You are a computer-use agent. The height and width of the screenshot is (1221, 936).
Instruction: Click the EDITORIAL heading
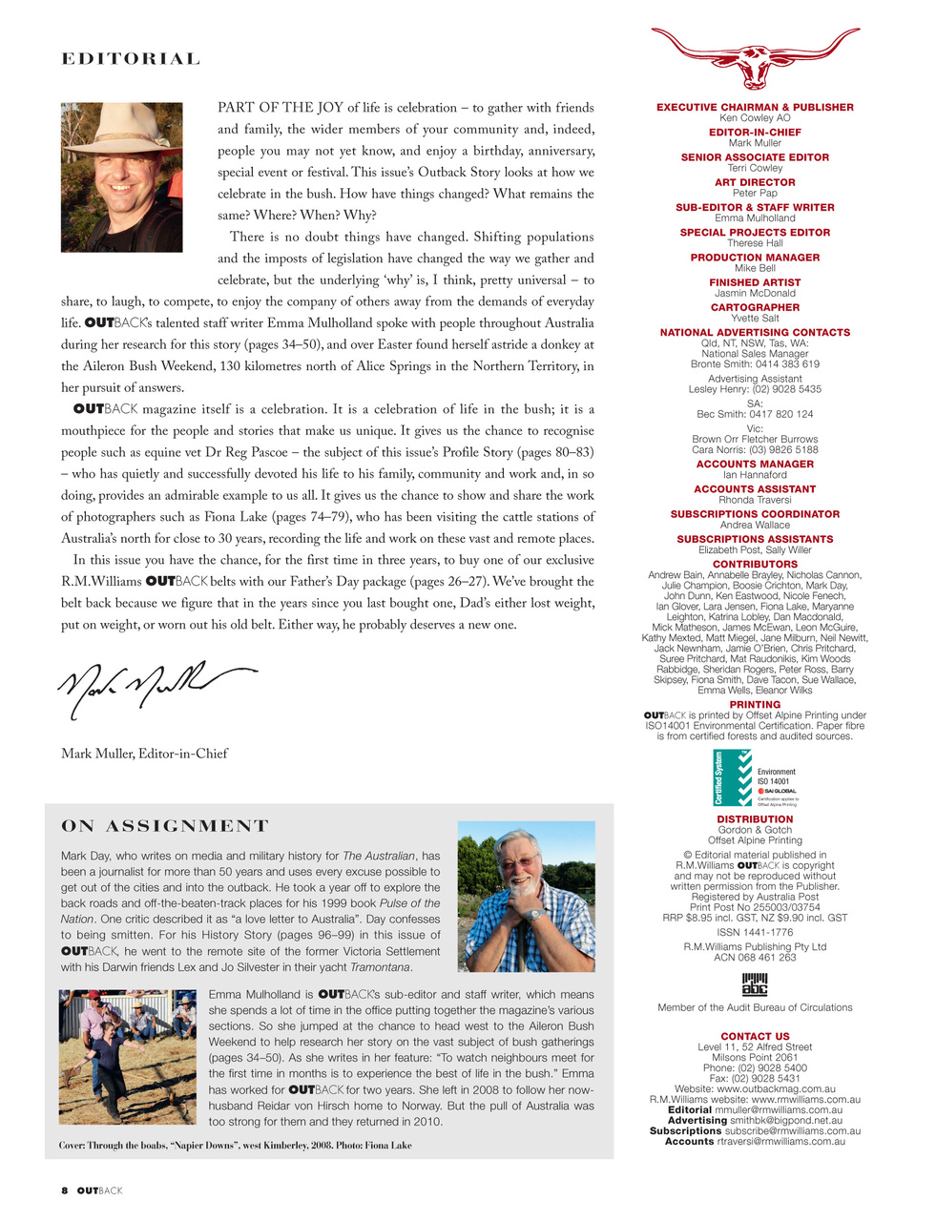pyautogui.click(x=131, y=59)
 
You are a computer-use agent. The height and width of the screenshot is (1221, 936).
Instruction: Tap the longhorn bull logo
pyautogui.click(x=755, y=57)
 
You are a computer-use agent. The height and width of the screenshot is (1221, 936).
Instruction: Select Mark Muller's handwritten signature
pyautogui.click(x=153, y=685)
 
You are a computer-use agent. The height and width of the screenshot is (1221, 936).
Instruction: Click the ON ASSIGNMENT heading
pyautogui.click(x=165, y=826)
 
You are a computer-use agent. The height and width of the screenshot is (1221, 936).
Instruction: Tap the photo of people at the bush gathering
pyautogui.click(x=128, y=1056)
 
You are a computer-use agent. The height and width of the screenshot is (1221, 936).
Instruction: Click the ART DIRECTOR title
pyautogui.click(x=755, y=182)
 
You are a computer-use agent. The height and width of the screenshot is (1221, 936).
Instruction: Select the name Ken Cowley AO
pyautogui.click(x=755, y=118)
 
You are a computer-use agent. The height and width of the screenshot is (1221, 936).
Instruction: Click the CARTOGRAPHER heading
pyautogui.click(x=755, y=307)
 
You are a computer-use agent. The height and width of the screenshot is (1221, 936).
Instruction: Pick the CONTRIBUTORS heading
pyautogui.click(x=755, y=565)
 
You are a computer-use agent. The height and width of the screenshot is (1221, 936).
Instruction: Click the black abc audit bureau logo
pyautogui.click(x=755, y=983)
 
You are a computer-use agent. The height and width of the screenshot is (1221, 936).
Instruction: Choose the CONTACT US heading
pyautogui.click(x=755, y=1036)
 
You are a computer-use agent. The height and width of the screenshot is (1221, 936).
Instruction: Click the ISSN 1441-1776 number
pyautogui.click(x=755, y=932)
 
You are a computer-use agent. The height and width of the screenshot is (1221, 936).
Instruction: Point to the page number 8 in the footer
pyautogui.click(x=64, y=1190)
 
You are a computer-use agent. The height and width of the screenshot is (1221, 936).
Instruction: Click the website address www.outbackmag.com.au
pyautogui.click(x=776, y=1088)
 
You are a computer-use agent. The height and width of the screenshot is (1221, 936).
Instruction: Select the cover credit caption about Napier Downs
pyautogui.click(x=236, y=1145)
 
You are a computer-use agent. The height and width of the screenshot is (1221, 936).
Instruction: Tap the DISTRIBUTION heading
pyautogui.click(x=755, y=819)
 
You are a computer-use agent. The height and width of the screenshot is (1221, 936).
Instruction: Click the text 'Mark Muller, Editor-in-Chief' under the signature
pyautogui.click(x=144, y=754)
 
